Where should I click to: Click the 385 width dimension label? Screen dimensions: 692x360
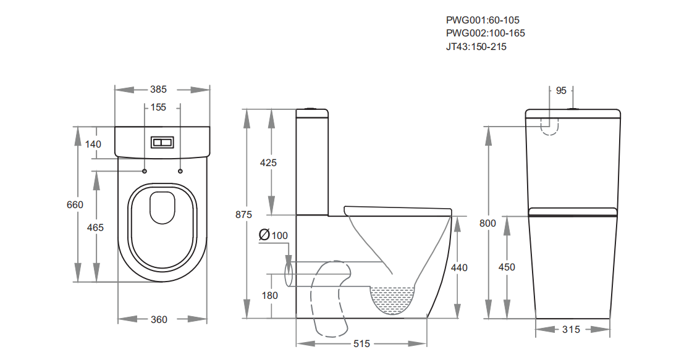[158, 90]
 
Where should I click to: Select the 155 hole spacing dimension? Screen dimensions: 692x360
[158, 107]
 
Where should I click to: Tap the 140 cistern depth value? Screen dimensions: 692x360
[93, 144]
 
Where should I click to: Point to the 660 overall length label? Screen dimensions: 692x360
[75, 205]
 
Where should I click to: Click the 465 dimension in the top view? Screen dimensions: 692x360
[95, 228]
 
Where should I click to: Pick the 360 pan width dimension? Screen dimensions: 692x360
[159, 319]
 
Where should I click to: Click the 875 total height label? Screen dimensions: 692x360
[243, 215]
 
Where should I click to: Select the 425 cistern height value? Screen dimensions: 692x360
[268, 163]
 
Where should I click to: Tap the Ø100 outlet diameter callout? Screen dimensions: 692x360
[273, 235]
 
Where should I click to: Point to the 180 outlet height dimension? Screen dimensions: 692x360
[269, 296]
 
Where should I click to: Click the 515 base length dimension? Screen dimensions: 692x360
[361, 344]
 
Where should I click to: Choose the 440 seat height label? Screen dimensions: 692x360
[459, 268]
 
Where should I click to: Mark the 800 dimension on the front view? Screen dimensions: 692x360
[487, 224]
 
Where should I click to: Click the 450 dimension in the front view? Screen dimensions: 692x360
[507, 267]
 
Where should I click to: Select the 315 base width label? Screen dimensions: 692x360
[571, 330]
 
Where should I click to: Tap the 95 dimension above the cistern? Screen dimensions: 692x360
[561, 90]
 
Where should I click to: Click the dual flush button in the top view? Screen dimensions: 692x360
[162, 143]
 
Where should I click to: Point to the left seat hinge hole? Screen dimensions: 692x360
[145, 170]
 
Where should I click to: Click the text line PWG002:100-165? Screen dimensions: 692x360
[486, 33]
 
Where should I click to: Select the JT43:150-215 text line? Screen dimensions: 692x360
[476, 47]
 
